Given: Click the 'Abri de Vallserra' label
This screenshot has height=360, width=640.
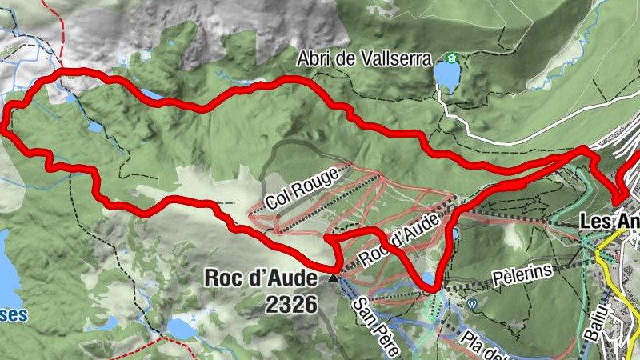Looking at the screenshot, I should [363, 59].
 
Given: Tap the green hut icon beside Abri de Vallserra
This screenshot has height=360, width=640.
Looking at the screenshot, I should [452, 59].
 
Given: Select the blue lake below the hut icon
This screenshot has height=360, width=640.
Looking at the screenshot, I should [446, 77].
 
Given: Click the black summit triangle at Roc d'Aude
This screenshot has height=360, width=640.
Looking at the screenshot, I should [333, 278].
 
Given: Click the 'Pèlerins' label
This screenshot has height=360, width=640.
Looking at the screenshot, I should [523, 273].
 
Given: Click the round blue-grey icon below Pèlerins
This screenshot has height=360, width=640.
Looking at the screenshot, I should [473, 303].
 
